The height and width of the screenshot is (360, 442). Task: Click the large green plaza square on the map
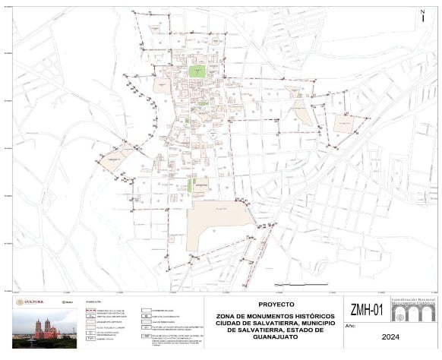(197, 71)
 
